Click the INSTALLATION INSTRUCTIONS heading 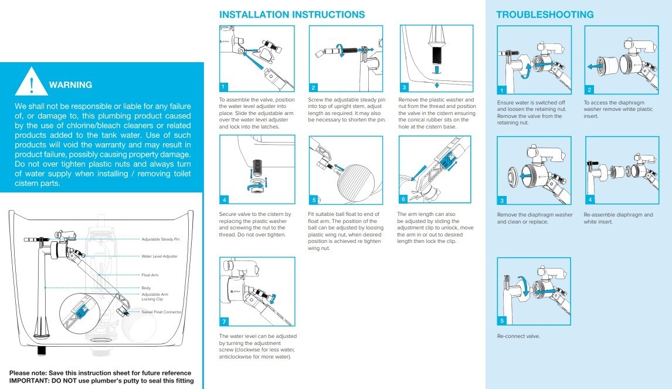point(291,15)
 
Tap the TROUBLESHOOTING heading point(545,15)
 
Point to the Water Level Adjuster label point(159,256)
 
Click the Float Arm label point(150,275)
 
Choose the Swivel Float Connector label point(162,312)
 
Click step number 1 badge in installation point(224,87)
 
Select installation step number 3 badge point(405,87)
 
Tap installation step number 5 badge point(314,199)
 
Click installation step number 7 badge point(224,322)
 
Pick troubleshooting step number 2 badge point(589,90)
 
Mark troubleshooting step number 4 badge point(590,200)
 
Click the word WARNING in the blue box point(70,85)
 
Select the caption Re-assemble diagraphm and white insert point(618,218)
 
